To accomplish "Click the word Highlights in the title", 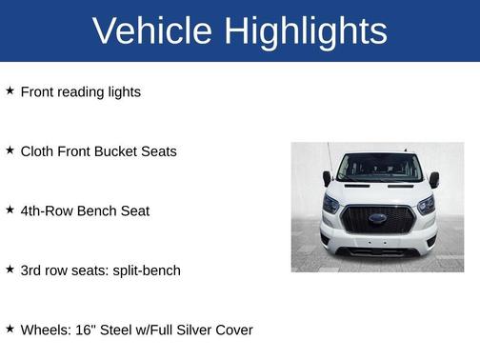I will pos(305,30).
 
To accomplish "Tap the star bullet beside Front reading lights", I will pos(10,91).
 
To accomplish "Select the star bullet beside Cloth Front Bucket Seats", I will pos(10,150).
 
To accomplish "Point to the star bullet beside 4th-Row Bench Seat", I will pos(10,210).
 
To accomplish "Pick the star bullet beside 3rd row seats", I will pos(10,270).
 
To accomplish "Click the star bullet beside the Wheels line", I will pos(10,329).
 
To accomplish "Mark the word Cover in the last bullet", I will pos(233,330).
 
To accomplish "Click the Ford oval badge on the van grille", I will pos(378,218).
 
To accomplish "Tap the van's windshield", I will pos(378,168).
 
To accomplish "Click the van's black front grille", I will pos(378,226).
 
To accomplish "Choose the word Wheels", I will pos(46,330).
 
